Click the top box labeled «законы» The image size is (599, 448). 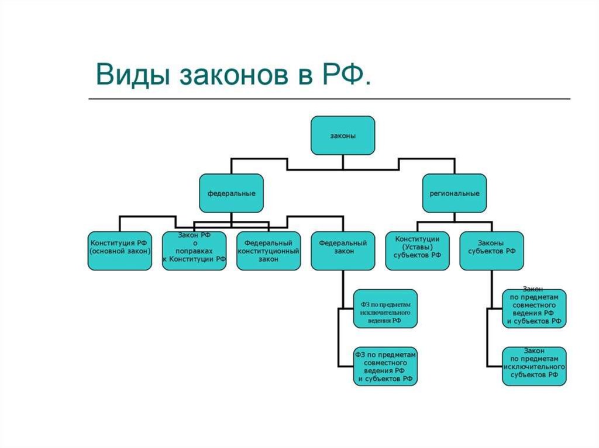click(x=343, y=136)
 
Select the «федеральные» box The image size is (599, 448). click(x=231, y=193)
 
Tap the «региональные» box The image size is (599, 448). click(x=454, y=193)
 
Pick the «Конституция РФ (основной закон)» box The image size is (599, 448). click(x=119, y=251)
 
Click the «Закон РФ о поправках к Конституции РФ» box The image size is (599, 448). click(x=194, y=251)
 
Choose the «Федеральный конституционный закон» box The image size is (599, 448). click(x=268, y=251)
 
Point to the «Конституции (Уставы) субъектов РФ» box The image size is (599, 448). click(x=417, y=251)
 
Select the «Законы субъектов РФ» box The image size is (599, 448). click(x=491, y=251)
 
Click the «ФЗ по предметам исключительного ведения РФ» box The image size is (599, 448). click(x=385, y=308)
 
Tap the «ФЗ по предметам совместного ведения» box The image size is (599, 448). click(x=385, y=366)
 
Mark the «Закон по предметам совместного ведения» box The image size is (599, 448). click(x=534, y=308)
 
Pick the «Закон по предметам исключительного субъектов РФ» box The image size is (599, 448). click(x=534, y=366)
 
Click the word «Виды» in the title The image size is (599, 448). click(x=133, y=74)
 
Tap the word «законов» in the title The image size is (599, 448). click(x=234, y=75)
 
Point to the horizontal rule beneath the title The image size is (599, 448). click(x=329, y=99)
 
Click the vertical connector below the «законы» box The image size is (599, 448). click(x=343, y=162)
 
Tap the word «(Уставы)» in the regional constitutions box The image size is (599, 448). click(x=417, y=247)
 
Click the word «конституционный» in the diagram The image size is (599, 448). click(x=268, y=251)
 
